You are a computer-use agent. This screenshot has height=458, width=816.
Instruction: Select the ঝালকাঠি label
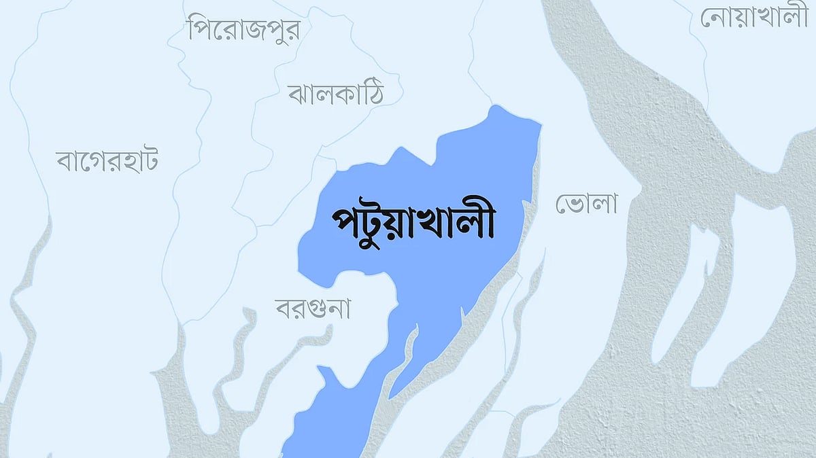pyautogui.click(x=335, y=94)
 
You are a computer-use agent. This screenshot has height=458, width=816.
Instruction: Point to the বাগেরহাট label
pyautogui.click(x=107, y=162)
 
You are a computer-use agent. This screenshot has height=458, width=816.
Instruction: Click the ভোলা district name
pyautogui.click(x=586, y=203)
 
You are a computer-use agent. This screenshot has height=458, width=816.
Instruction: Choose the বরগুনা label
pyautogui.click(x=313, y=310)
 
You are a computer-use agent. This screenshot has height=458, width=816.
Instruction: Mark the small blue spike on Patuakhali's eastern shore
pyautogui.click(x=463, y=314)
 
